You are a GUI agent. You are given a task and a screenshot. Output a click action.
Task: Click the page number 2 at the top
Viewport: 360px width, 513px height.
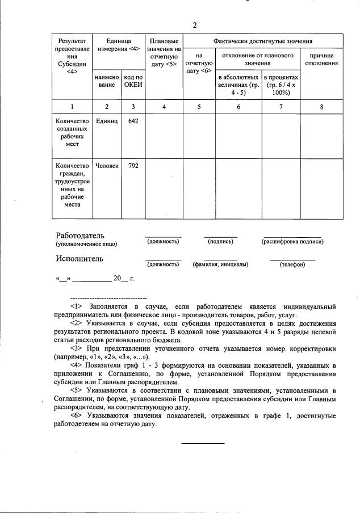click(x=195, y=25)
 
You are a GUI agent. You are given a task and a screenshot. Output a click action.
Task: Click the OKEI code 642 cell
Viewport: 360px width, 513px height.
click(x=133, y=121)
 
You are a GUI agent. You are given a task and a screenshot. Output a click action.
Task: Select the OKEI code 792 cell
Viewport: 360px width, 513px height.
click(x=133, y=166)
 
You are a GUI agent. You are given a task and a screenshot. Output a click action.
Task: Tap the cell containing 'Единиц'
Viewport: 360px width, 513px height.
click(x=107, y=121)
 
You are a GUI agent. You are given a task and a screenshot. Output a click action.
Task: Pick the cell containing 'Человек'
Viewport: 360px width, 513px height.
click(x=107, y=166)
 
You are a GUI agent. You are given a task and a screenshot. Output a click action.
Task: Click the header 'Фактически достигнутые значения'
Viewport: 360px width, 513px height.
click(x=262, y=41)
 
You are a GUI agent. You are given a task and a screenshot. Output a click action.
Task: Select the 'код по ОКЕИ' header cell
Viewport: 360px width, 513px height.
click(x=133, y=81)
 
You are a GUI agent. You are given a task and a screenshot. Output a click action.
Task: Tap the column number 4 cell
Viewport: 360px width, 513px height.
click(x=164, y=107)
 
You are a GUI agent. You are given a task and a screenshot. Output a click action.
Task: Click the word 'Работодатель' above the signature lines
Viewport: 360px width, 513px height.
click(x=80, y=236)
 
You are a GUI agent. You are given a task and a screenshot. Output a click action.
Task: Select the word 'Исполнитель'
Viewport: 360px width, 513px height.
click(x=79, y=259)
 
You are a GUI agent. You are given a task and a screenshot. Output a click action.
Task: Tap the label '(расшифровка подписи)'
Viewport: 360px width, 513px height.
click(x=292, y=242)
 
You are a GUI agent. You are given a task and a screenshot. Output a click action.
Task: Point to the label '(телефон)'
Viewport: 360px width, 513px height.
click(x=292, y=264)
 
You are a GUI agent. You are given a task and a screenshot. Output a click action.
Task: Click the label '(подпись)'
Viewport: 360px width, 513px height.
click(x=221, y=242)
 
